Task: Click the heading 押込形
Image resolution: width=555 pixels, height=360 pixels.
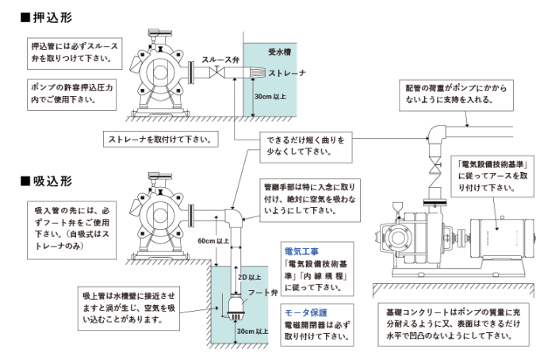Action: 52,17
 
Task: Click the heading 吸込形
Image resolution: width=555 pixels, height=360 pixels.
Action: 52,182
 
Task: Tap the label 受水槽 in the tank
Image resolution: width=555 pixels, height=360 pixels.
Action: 279,52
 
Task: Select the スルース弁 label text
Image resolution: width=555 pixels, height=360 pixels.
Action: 220,59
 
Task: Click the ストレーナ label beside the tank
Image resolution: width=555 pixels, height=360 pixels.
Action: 287,73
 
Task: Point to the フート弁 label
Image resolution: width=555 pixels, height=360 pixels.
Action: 262,293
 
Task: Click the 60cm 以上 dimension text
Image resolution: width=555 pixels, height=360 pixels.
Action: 213,241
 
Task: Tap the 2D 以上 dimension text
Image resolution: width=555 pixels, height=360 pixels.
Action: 250,278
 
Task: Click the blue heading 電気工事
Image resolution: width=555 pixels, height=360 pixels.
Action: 301,251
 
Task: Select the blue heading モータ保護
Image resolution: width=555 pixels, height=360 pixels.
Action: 306,313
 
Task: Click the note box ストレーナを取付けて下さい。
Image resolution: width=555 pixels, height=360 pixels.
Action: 161,139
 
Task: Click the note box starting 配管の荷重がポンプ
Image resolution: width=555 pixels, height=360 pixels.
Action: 456,95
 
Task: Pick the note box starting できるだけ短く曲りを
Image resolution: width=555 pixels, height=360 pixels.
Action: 306,147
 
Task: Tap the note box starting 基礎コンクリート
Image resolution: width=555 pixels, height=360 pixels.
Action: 454,324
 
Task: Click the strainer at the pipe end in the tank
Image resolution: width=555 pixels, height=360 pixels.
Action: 258,73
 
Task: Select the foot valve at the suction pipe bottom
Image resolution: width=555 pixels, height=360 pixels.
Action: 235,308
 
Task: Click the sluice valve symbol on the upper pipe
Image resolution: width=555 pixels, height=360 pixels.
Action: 217,73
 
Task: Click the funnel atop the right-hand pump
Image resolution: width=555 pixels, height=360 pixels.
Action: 398,207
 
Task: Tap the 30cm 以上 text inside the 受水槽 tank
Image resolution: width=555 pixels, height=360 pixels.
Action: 270,96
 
